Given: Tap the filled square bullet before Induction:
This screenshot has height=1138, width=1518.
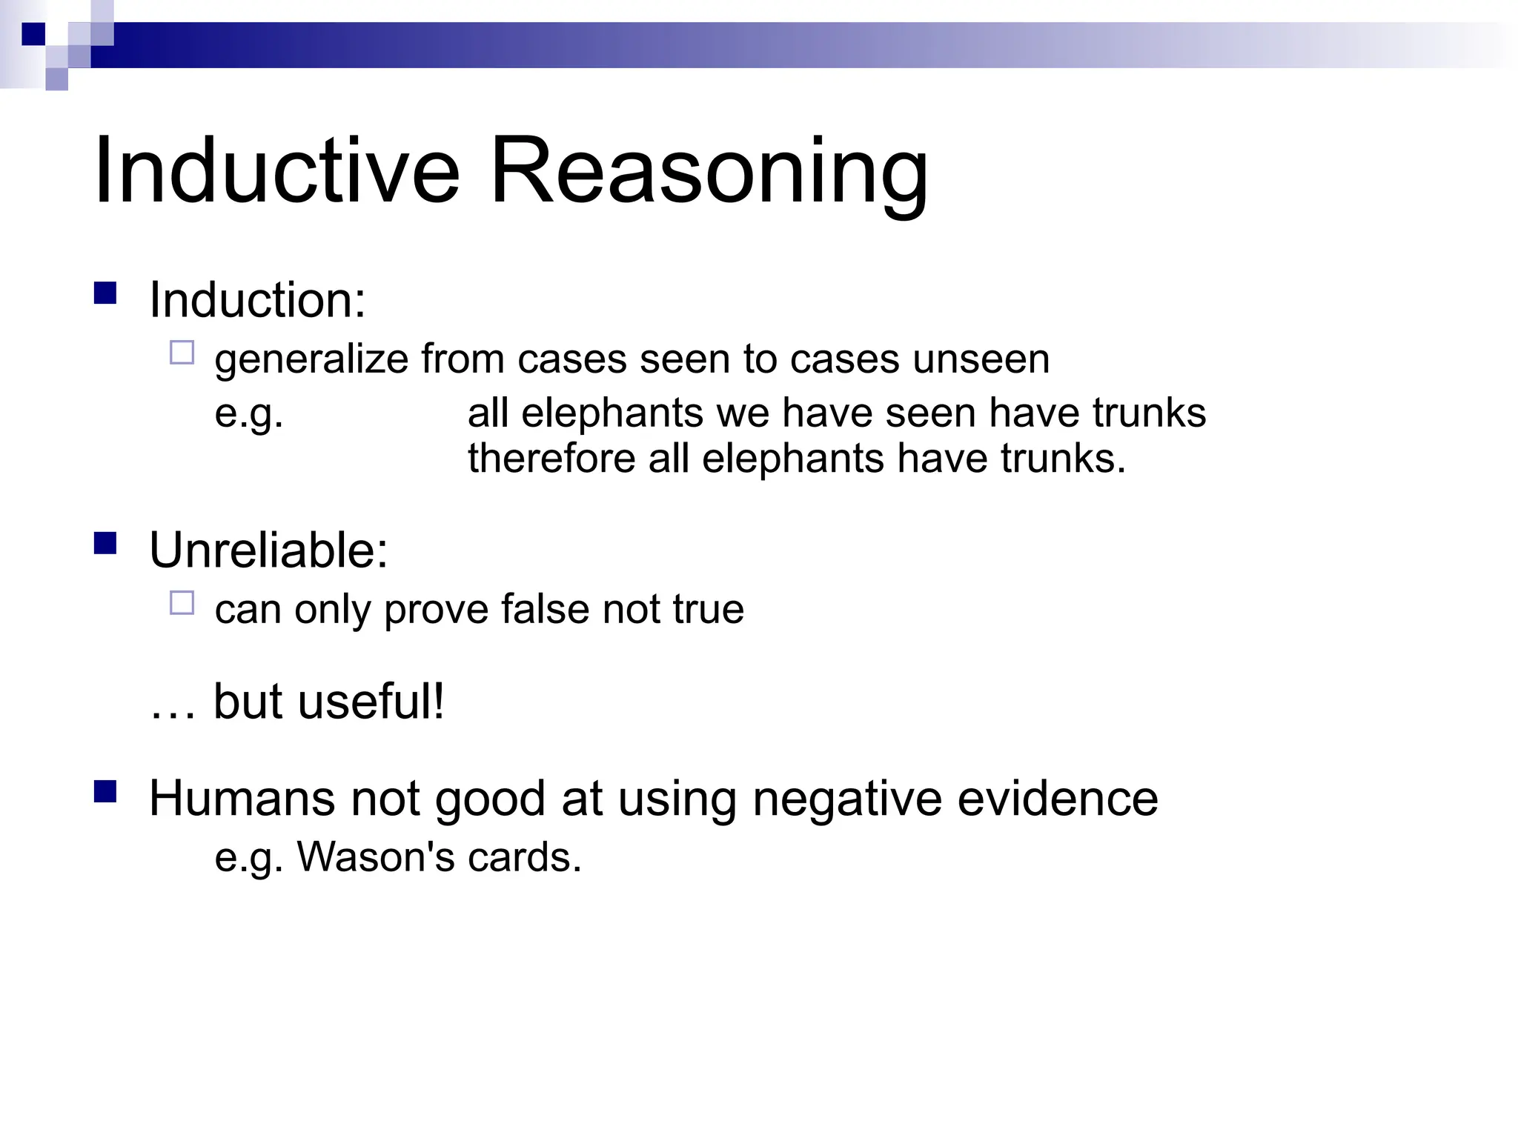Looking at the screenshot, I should (106, 293).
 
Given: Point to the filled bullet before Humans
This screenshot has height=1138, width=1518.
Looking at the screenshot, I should (106, 792).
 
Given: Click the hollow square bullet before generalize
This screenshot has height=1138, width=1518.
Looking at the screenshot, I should (182, 353).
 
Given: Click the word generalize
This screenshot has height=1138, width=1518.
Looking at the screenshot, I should (311, 361).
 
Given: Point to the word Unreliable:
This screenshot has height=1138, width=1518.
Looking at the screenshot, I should (268, 550).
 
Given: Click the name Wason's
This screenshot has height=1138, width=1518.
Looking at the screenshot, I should (375, 857).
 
